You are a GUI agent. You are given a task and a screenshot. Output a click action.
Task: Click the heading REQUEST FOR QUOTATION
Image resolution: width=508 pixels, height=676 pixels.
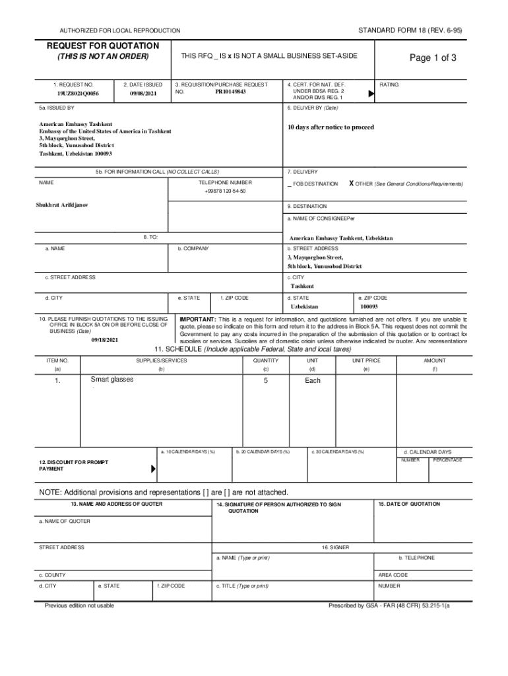click(102, 46)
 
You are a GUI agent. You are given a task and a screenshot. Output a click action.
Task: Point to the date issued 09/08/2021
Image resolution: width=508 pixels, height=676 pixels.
click(143, 94)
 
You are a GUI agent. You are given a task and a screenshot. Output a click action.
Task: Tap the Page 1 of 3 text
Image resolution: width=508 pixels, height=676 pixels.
click(432, 58)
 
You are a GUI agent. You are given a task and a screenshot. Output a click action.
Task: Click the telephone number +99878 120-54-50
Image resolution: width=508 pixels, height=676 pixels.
click(225, 191)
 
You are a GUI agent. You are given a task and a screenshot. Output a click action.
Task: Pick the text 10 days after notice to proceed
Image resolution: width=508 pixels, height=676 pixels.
click(331, 127)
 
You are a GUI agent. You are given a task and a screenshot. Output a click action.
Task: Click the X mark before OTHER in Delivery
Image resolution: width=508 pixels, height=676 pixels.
click(351, 184)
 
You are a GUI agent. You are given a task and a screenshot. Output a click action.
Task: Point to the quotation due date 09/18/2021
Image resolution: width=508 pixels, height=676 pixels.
click(104, 339)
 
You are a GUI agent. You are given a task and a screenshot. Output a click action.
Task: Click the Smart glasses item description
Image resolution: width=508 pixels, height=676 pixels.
click(111, 380)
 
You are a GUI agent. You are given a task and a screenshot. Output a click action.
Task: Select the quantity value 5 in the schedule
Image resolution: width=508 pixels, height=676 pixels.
click(265, 380)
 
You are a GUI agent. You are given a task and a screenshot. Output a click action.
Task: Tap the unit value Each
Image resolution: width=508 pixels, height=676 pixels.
click(313, 380)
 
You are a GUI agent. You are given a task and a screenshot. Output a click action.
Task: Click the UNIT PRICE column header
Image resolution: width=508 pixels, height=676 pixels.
click(366, 360)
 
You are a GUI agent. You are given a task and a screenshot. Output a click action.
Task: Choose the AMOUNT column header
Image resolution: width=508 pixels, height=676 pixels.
click(435, 360)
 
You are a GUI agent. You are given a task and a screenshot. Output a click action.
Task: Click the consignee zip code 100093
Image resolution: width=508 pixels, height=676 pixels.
click(369, 307)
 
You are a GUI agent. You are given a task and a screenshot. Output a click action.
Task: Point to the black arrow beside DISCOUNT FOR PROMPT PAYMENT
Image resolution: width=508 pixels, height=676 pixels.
click(154, 469)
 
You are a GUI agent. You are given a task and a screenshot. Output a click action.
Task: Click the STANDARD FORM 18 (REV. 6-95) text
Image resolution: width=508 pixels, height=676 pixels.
click(410, 30)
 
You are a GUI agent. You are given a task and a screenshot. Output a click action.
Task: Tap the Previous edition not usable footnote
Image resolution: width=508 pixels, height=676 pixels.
click(79, 605)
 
